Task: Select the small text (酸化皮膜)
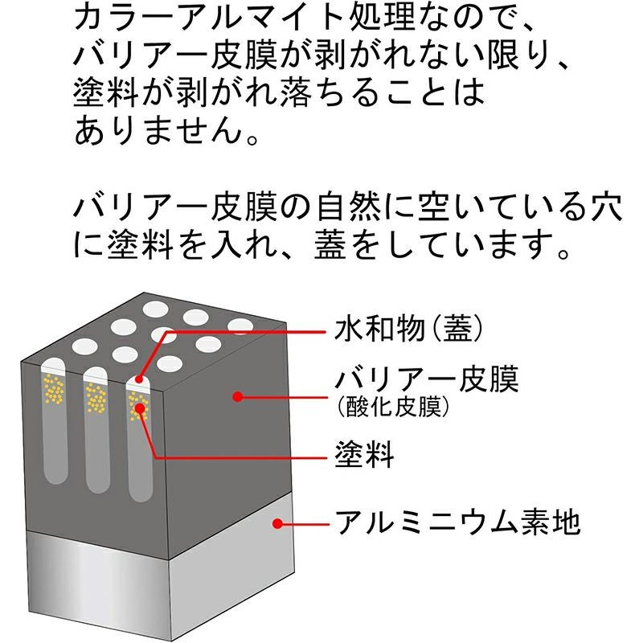(391, 408)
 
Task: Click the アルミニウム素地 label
(455, 523)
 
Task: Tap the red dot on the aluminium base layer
(276, 523)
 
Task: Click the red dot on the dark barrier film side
(238, 395)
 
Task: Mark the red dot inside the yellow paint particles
(141, 408)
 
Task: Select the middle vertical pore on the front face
(96, 430)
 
